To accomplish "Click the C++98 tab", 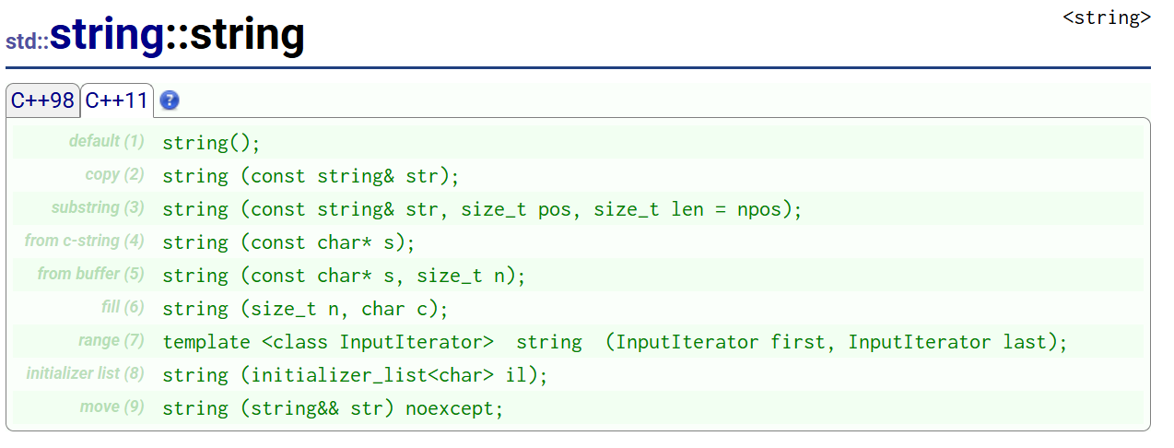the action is (x=42, y=100).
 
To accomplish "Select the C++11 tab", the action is (x=116, y=100).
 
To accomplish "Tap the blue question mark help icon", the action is (x=170, y=100).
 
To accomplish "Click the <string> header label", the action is (x=1107, y=18).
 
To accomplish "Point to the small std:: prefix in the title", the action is (x=28, y=41).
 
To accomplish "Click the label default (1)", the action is (x=106, y=141).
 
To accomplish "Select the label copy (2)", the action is (x=115, y=174).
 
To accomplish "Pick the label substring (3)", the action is (x=98, y=207).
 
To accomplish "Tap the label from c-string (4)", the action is (x=85, y=241).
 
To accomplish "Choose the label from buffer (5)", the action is (x=90, y=274).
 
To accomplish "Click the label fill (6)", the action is (x=123, y=307).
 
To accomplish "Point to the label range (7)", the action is (x=112, y=340).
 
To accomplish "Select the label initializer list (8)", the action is (x=86, y=373).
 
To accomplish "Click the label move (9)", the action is (x=112, y=407).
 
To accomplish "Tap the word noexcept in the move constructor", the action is (x=449, y=408).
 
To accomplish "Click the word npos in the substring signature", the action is (x=759, y=209).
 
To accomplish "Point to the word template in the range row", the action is (x=206, y=342).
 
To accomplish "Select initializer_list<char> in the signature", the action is (x=372, y=376).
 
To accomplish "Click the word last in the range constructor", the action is (x=1025, y=342).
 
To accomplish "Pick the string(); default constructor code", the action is (x=211, y=143).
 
